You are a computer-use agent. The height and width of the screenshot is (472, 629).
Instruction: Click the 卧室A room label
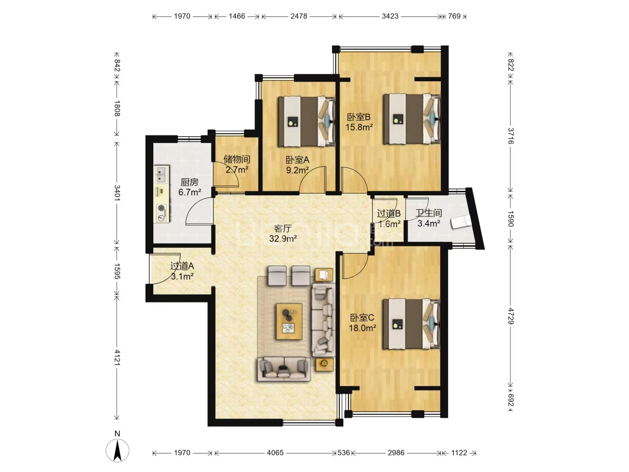tap(297, 160)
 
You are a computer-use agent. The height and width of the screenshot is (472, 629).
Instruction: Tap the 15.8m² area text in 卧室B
tap(359, 127)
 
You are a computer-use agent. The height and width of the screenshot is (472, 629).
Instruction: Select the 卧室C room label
tap(362, 318)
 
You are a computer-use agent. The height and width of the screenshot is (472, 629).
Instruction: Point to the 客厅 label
tap(283, 228)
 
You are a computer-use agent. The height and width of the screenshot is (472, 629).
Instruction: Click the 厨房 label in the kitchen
tap(190, 182)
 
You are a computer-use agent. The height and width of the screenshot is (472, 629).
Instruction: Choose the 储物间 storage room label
tap(237, 159)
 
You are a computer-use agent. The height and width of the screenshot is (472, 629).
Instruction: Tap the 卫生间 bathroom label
tap(429, 213)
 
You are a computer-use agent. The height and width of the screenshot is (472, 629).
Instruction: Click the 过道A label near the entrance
tap(182, 266)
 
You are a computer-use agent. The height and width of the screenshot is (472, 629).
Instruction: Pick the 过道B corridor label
tap(389, 214)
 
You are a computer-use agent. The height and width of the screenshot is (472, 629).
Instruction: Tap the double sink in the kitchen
tap(162, 174)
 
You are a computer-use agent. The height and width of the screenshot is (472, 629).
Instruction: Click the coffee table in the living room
tap(289, 322)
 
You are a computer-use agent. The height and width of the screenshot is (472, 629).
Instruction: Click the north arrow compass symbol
tap(117, 450)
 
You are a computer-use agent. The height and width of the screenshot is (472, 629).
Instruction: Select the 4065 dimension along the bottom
tap(275, 453)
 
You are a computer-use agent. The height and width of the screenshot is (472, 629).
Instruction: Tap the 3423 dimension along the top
tap(390, 16)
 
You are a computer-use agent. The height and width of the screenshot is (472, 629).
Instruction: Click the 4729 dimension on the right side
tap(511, 316)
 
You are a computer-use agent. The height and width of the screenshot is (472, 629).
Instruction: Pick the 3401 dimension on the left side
tap(117, 193)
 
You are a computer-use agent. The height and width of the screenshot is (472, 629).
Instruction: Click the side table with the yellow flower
tap(325, 364)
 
